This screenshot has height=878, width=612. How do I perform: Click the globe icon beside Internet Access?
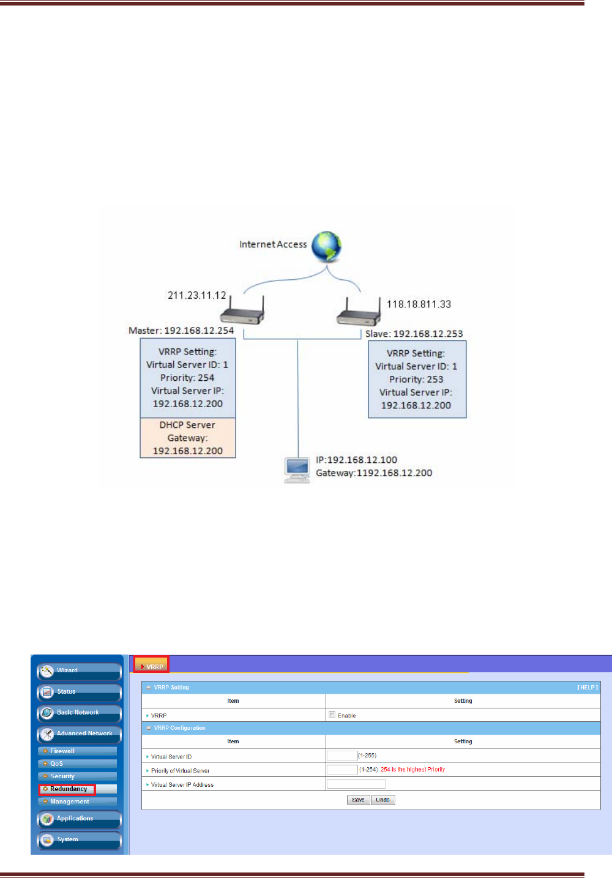326,246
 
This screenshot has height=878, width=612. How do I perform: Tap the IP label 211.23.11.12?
197,295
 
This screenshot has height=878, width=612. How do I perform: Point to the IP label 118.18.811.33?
419,304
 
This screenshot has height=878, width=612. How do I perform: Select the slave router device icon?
359,313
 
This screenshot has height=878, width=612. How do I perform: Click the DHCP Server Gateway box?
188,438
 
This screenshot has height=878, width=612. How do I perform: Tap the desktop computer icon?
297,470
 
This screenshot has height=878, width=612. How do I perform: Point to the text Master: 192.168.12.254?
181,331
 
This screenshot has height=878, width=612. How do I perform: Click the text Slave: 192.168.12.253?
414,334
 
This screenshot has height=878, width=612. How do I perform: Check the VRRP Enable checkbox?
332,715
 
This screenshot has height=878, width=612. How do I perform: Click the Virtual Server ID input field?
342,756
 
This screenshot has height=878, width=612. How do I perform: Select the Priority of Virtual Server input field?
342,770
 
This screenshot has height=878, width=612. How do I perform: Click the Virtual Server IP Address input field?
356,784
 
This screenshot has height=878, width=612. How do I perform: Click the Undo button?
382,800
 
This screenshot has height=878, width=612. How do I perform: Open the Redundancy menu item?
68,789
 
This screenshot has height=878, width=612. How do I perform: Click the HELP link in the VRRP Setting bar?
587,688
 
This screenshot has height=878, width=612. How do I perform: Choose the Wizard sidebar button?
80,671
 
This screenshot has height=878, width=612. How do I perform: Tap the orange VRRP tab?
152,666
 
